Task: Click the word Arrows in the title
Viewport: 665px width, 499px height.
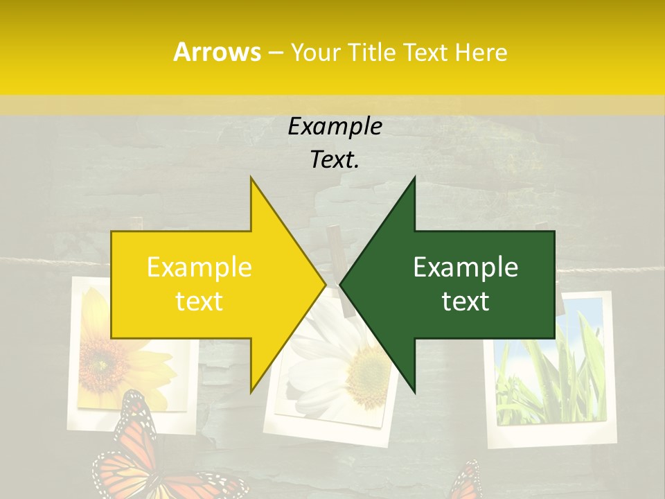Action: (x=217, y=52)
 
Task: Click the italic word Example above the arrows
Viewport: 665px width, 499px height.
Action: (x=335, y=127)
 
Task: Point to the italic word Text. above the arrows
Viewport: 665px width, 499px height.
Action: (x=335, y=160)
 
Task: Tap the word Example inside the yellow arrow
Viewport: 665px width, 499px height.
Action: (x=199, y=268)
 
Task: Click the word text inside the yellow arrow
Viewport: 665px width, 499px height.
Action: (x=199, y=301)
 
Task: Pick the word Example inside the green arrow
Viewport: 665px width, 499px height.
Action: (x=465, y=268)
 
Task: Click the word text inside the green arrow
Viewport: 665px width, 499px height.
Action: (x=465, y=301)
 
